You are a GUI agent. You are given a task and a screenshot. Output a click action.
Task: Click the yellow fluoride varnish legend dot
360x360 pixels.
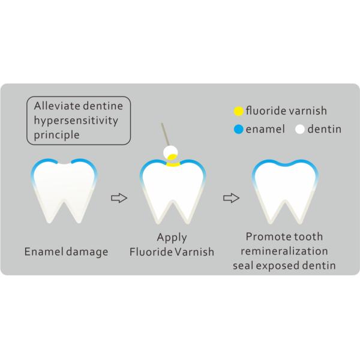238,111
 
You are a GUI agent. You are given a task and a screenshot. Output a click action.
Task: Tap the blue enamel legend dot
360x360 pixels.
238,129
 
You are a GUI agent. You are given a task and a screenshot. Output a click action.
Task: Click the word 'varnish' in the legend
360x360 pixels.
309,111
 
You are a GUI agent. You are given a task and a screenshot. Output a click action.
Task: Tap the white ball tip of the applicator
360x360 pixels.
171,152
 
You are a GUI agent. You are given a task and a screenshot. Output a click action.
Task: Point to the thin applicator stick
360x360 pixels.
165,135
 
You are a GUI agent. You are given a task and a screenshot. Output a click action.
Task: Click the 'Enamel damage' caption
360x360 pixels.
67,251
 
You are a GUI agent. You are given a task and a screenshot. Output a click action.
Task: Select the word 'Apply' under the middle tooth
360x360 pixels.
172,237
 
